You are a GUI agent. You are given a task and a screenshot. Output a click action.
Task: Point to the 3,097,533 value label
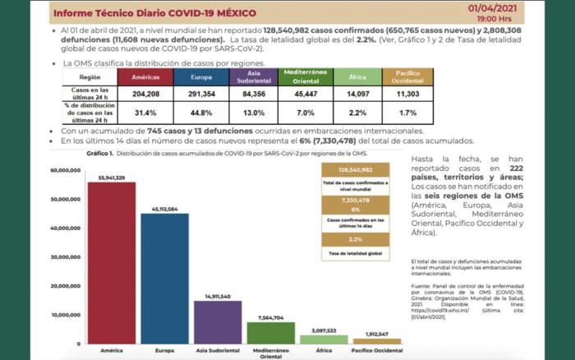[324, 330]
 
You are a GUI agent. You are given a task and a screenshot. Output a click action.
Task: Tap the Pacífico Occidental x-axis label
[377, 351]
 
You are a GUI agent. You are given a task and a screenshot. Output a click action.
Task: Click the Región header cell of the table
[91, 76]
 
